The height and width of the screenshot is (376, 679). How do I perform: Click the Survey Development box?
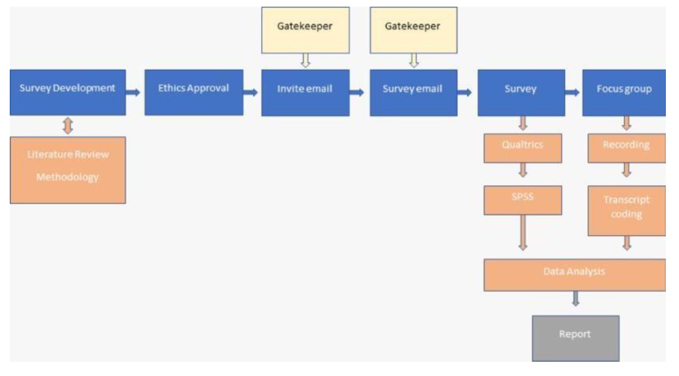[67, 92]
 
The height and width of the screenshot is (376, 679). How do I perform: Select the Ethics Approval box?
[194, 92]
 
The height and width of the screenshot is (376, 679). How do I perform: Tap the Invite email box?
[305, 93]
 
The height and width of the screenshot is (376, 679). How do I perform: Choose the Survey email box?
[413, 93]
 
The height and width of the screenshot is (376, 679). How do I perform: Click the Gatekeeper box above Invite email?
[305, 30]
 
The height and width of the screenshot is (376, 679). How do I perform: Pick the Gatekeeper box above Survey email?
[413, 30]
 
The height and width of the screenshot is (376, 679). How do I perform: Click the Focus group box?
[624, 93]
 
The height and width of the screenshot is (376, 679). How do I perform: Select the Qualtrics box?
[522, 148]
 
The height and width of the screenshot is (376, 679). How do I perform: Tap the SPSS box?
[522, 200]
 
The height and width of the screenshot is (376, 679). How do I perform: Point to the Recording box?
[626, 148]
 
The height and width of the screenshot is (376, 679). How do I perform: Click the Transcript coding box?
[626, 211]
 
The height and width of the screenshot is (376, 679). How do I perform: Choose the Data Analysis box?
[575, 275]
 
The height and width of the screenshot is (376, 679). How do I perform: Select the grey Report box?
[575, 338]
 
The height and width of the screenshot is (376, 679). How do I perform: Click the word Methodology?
[67, 177]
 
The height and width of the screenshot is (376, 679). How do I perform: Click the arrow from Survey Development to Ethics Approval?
[133, 92]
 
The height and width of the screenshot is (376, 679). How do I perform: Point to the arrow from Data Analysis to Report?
[576, 299]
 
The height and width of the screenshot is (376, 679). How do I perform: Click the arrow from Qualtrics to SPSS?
[523, 170]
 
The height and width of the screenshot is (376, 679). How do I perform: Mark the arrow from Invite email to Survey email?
[357, 92]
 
